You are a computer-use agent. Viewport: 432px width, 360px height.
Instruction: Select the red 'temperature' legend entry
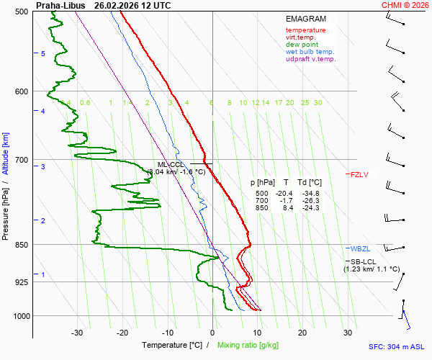(x=305, y=30)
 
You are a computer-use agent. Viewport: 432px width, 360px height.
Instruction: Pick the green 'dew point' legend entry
(x=301, y=45)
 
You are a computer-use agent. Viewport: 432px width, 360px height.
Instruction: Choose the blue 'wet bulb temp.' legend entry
(x=310, y=52)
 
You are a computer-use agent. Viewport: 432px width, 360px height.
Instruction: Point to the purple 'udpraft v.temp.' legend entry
(x=310, y=59)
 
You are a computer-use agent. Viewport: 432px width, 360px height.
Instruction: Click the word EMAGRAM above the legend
(x=305, y=19)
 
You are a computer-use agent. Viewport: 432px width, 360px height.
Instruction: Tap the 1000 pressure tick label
(x=20, y=316)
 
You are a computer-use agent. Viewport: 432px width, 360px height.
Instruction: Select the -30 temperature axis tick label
(x=77, y=333)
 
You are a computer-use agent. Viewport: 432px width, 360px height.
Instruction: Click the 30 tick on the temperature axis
(x=348, y=333)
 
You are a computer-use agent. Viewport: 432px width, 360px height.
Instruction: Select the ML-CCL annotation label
(x=171, y=164)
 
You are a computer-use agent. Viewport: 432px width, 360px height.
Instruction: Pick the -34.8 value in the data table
(x=311, y=194)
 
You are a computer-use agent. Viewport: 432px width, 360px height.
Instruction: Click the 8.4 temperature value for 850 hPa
(x=286, y=208)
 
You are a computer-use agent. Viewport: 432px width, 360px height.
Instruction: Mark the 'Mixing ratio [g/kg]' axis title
(x=249, y=345)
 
